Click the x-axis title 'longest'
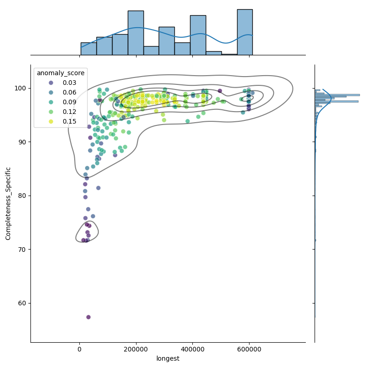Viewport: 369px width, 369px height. (x=168, y=358)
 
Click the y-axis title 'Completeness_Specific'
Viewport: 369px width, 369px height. (x=8, y=203)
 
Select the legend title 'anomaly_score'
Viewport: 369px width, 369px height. (x=60, y=73)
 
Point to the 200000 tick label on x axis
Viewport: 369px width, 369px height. (x=136, y=349)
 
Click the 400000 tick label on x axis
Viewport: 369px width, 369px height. (x=193, y=349)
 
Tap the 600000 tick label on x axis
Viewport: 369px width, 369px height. (x=250, y=349)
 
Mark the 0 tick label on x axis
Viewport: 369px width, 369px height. (x=79, y=349)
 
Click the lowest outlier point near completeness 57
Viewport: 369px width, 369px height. (x=89, y=317)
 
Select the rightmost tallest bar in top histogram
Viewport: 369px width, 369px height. (x=244, y=32)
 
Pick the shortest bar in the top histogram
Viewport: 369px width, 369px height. (x=229, y=54)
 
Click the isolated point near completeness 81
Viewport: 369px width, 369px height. (x=98, y=188)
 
